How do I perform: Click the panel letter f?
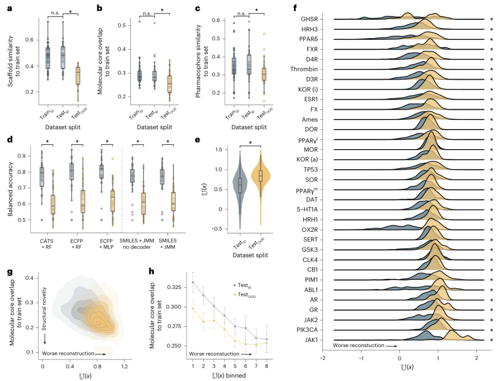[x=295, y=8]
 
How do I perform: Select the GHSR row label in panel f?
[x=309, y=19]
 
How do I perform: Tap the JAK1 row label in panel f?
[x=311, y=340]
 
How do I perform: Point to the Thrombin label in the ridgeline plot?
[x=304, y=69]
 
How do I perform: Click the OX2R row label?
[x=309, y=230]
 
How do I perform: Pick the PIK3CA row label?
[x=307, y=330]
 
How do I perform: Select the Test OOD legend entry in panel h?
[x=247, y=295]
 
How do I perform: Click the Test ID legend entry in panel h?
[x=244, y=285]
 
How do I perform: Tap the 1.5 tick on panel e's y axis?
[x=219, y=150]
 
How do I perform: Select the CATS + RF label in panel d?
[x=47, y=244]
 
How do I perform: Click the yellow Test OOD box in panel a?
[x=78, y=76]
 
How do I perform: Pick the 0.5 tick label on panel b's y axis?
[x=122, y=25]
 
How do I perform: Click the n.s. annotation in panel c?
[x=242, y=13]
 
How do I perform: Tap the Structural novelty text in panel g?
[x=45, y=309]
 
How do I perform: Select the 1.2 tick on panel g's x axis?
[x=125, y=367]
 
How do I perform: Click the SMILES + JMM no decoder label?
[x=137, y=244]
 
